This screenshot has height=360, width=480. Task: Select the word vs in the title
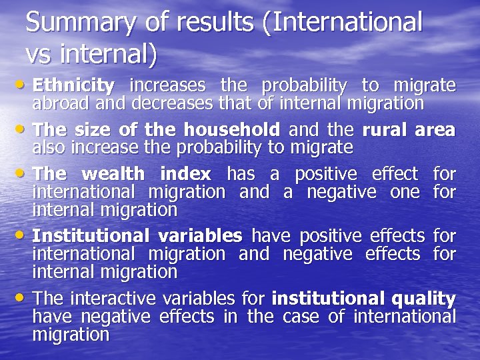click(x=37, y=53)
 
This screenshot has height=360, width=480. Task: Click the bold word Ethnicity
click(x=73, y=85)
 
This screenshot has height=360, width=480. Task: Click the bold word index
click(x=184, y=174)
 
